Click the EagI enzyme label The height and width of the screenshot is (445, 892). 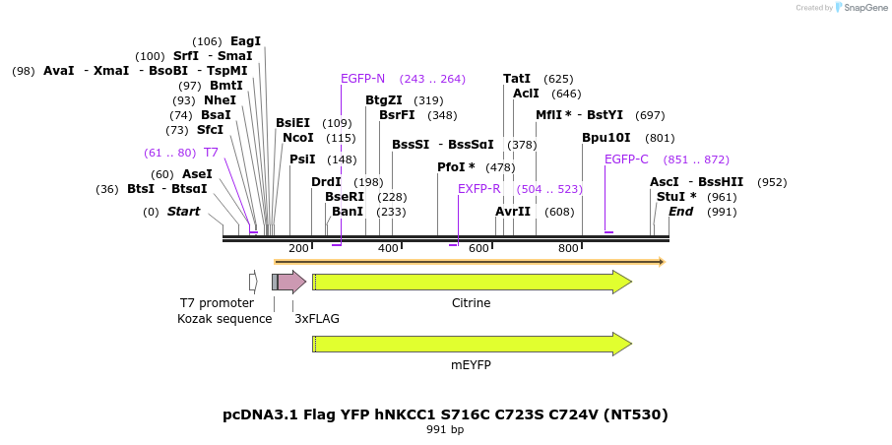[x=245, y=41]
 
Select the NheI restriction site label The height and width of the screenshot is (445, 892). [x=220, y=100]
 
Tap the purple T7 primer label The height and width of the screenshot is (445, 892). [x=211, y=153]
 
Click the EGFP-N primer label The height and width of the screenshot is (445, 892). [x=362, y=79]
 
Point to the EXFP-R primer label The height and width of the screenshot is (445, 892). [x=478, y=189]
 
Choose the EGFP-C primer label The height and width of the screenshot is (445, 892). [x=626, y=159]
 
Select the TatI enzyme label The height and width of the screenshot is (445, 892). [x=517, y=79]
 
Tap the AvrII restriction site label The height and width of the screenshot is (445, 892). [x=513, y=212]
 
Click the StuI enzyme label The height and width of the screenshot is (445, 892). [x=676, y=197]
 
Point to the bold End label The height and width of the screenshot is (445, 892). [x=681, y=212]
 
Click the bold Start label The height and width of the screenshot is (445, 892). [x=183, y=212]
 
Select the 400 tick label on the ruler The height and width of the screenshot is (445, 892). [x=389, y=248]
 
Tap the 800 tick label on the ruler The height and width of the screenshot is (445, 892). [x=568, y=248]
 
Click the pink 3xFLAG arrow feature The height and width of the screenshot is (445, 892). [x=290, y=283]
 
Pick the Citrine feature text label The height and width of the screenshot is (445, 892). [x=471, y=303]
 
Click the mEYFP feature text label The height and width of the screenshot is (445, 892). [x=471, y=364]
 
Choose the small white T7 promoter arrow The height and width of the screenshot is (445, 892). [x=253, y=283]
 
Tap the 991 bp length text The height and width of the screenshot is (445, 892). [x=445, y=430]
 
